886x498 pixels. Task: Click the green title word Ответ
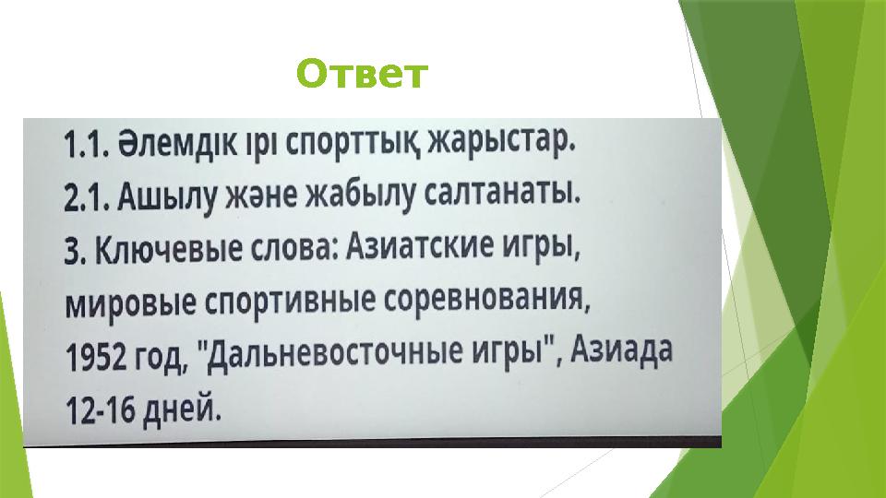click(363, 74)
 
